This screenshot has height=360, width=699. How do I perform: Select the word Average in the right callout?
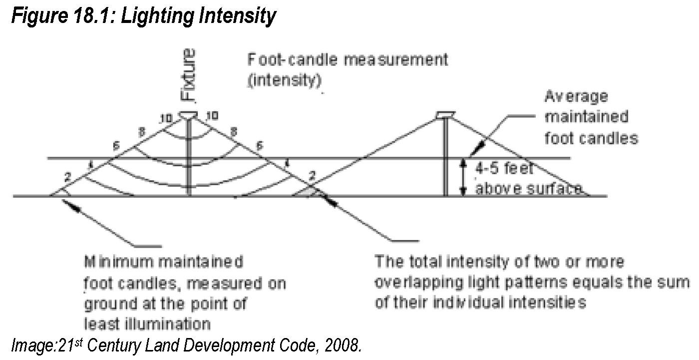(x=576, y=96)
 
